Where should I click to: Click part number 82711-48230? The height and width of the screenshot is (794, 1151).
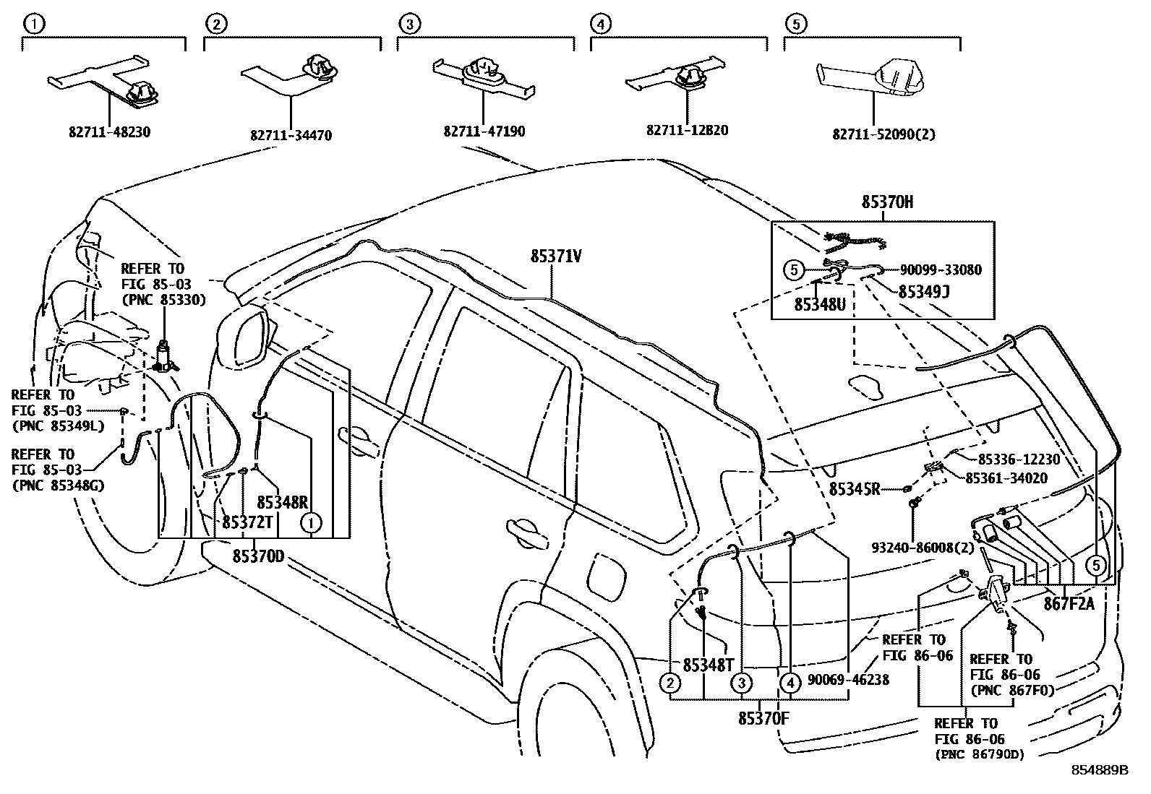click(x=110, y=132)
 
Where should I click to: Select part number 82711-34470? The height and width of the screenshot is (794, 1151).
click(x=291, y=135)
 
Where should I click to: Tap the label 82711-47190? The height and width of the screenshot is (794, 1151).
click(x=484, y=132)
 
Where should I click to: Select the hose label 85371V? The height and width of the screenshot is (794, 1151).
click(x=556, y=256)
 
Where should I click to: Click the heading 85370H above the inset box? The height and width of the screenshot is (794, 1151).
click(x=886, y=202)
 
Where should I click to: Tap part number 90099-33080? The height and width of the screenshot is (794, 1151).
click(x=941, y=270)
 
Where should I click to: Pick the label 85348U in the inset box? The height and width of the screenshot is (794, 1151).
click(x=819, y=305)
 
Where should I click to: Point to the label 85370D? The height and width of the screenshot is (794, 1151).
click(x=258, y=556)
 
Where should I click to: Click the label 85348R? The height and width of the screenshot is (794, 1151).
click(x=283, y=501)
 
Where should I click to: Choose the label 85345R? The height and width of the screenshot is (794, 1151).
click(x=854, y=489)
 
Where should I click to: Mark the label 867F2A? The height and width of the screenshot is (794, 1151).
click(x=1070, y=604)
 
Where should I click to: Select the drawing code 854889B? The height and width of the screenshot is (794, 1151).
click(x=1099, y=770)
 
